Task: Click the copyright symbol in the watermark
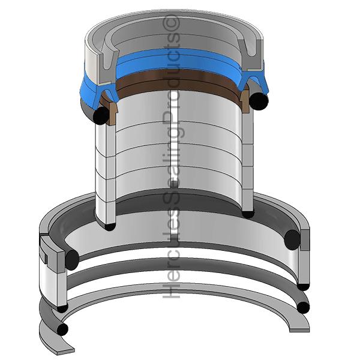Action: coord(171,22)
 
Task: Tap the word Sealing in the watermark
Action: coord(173,164)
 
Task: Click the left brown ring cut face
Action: coord(113,113)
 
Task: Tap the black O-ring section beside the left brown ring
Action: coord(101,115)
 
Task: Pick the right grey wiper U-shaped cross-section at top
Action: coord(250,55)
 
